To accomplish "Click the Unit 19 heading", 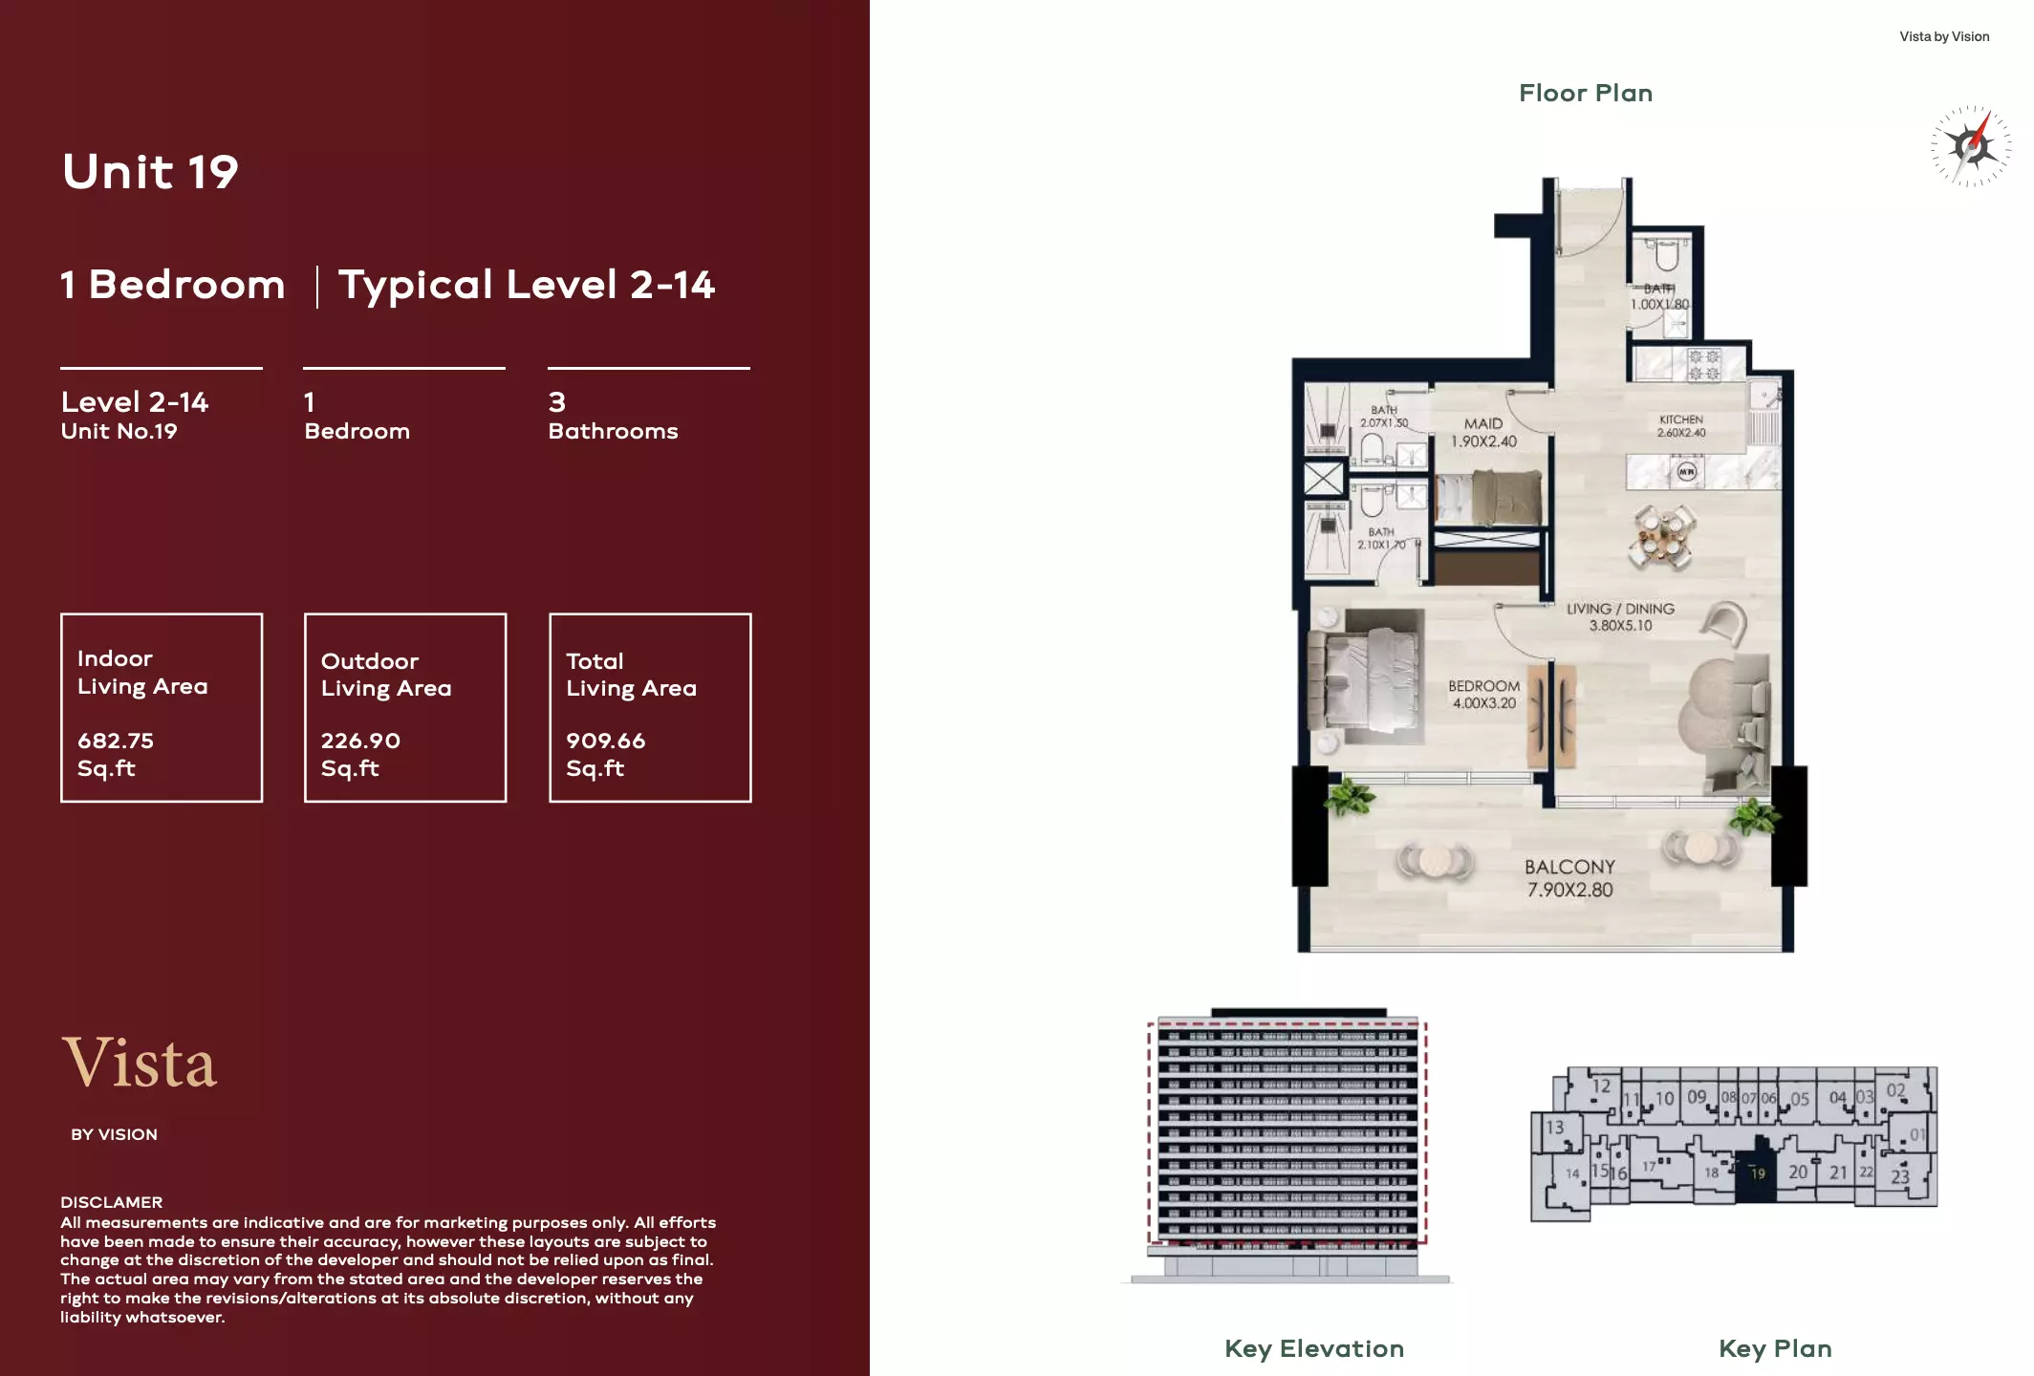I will point(150,172).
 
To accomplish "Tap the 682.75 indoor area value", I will point(116,741).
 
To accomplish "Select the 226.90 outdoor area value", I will point(360,741).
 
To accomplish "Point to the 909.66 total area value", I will point(605,741).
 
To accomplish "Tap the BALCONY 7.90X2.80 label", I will point(1569,878).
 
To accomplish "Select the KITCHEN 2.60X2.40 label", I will point(1680,426).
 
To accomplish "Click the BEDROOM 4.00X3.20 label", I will point(1483,694).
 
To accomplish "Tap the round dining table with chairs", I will point(1663,537).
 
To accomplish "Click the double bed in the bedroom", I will point(1369,682).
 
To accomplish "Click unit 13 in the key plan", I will point(1555,1128).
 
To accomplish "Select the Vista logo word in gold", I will point(141,1063).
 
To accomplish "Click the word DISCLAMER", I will point(111,1202).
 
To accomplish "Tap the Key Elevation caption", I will point(1314,1348).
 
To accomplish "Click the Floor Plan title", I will point(1586,93).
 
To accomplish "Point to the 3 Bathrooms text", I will point(613,417).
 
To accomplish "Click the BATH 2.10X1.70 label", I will point(1381,538).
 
